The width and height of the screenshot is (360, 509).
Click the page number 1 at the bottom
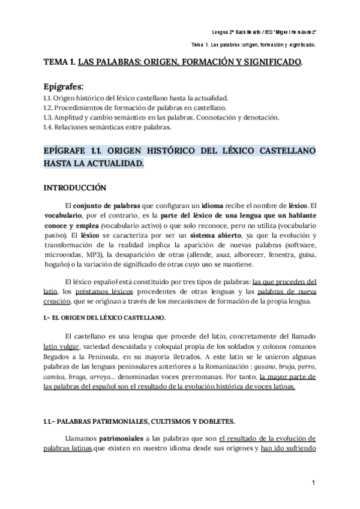click(314, 483)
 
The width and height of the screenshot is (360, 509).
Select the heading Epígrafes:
click(67, 86)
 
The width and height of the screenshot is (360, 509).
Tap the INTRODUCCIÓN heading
click(75, 187)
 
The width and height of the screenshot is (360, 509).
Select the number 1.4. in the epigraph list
click(50, 127)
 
